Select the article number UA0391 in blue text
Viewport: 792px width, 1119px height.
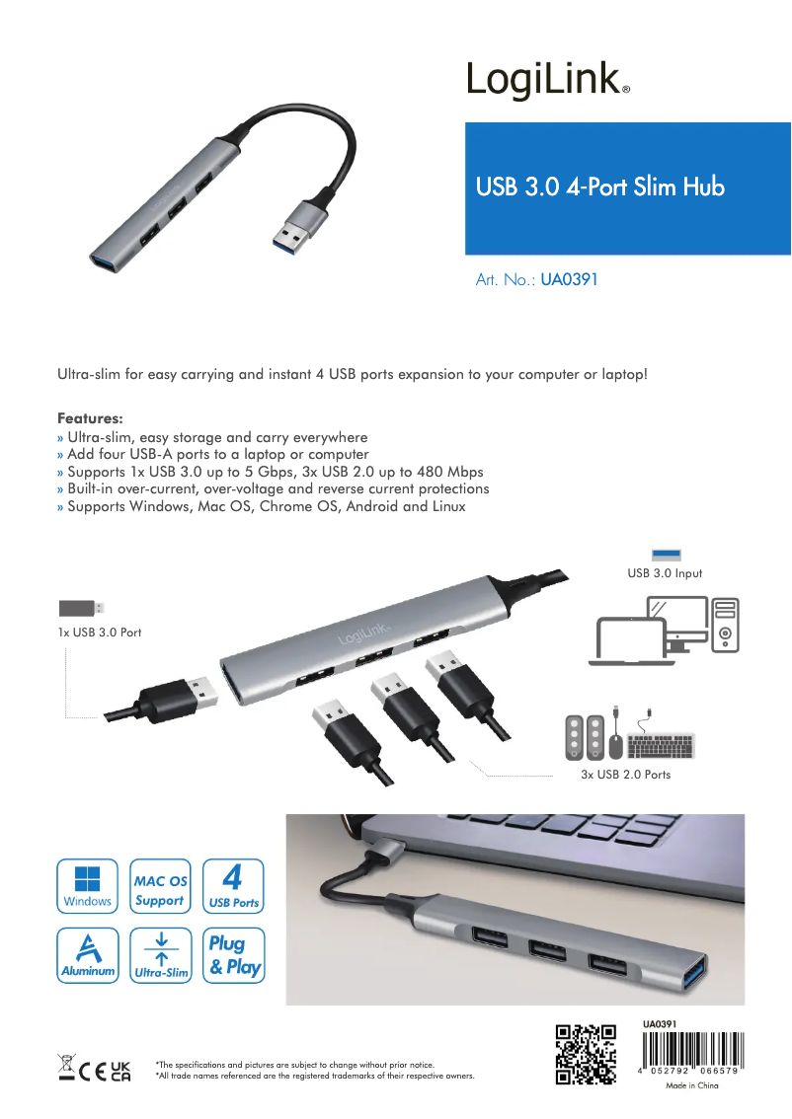click(569, 279)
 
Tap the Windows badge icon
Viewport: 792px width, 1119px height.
click(87, 885)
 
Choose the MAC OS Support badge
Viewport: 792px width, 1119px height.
click(159, 885)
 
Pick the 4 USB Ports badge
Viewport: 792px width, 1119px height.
click(233, 885)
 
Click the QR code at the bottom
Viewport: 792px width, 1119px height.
click(587, 1055)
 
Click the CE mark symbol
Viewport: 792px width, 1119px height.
click(92, 1070)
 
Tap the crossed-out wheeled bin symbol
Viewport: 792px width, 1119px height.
click(66, 1069)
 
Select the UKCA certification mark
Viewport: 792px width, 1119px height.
click(119, 1070)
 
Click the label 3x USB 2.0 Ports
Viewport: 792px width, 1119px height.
click(625, 775)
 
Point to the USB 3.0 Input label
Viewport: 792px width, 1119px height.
click(665, 573)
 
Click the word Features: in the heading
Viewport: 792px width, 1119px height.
click(90, 418)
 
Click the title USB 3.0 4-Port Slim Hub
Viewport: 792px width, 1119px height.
click(600, 186)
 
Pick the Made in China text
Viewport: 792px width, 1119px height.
click(691, 1085)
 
